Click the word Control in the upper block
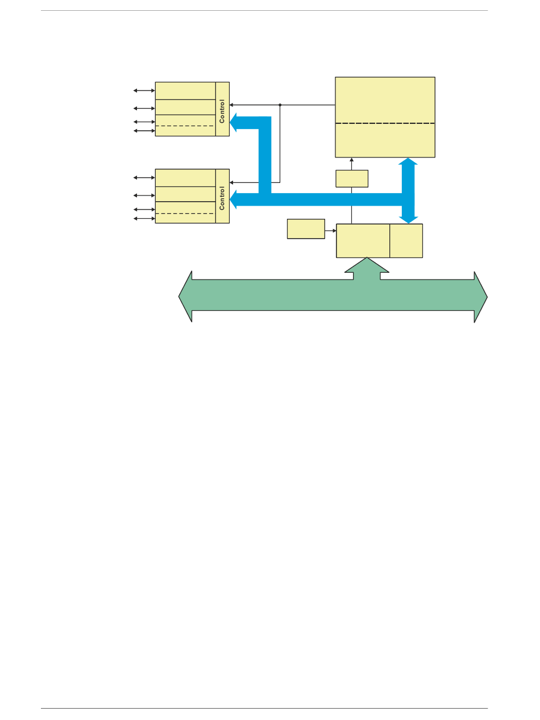point(222,111)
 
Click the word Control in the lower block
point(222,198)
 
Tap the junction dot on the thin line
point(280,105)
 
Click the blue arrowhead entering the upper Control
point(236,123)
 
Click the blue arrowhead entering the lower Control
point(236,199)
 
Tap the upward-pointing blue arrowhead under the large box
point(408,163)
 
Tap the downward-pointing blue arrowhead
point(408,219)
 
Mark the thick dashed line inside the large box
point(385,123)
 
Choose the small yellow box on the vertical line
point(352,178)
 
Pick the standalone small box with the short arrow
point(306,228)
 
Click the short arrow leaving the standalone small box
point(331,231)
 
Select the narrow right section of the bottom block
point(406,240)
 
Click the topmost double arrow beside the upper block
point(144,90)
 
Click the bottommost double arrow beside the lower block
point(144,218)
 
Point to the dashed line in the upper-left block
point(185,126)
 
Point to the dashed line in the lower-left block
point(185,213)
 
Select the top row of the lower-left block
point(185,177)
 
